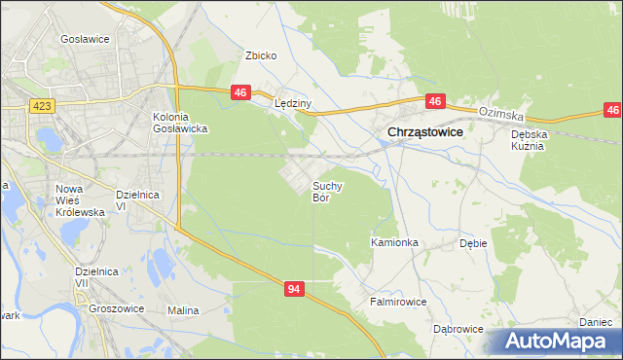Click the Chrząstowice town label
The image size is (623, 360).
tap(424, 132)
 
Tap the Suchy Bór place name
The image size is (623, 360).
tap(326, 191)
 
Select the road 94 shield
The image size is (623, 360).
tap(296, 289)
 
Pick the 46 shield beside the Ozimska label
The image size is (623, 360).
tap(435, 100)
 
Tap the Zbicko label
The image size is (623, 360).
tap(261, 55)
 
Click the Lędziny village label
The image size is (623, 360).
tap(292, 104)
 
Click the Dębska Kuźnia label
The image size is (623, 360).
tap(531, 140)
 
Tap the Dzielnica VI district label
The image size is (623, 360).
tap(135, 199)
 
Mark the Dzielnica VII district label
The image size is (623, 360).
tap(94, 278)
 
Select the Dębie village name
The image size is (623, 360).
tap(473, 243)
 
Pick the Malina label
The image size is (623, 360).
tap(183, 310)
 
